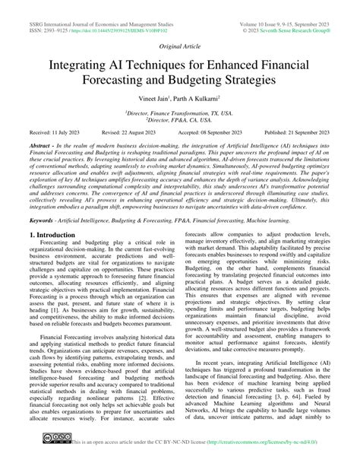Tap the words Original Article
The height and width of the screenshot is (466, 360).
click(180, 46)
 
